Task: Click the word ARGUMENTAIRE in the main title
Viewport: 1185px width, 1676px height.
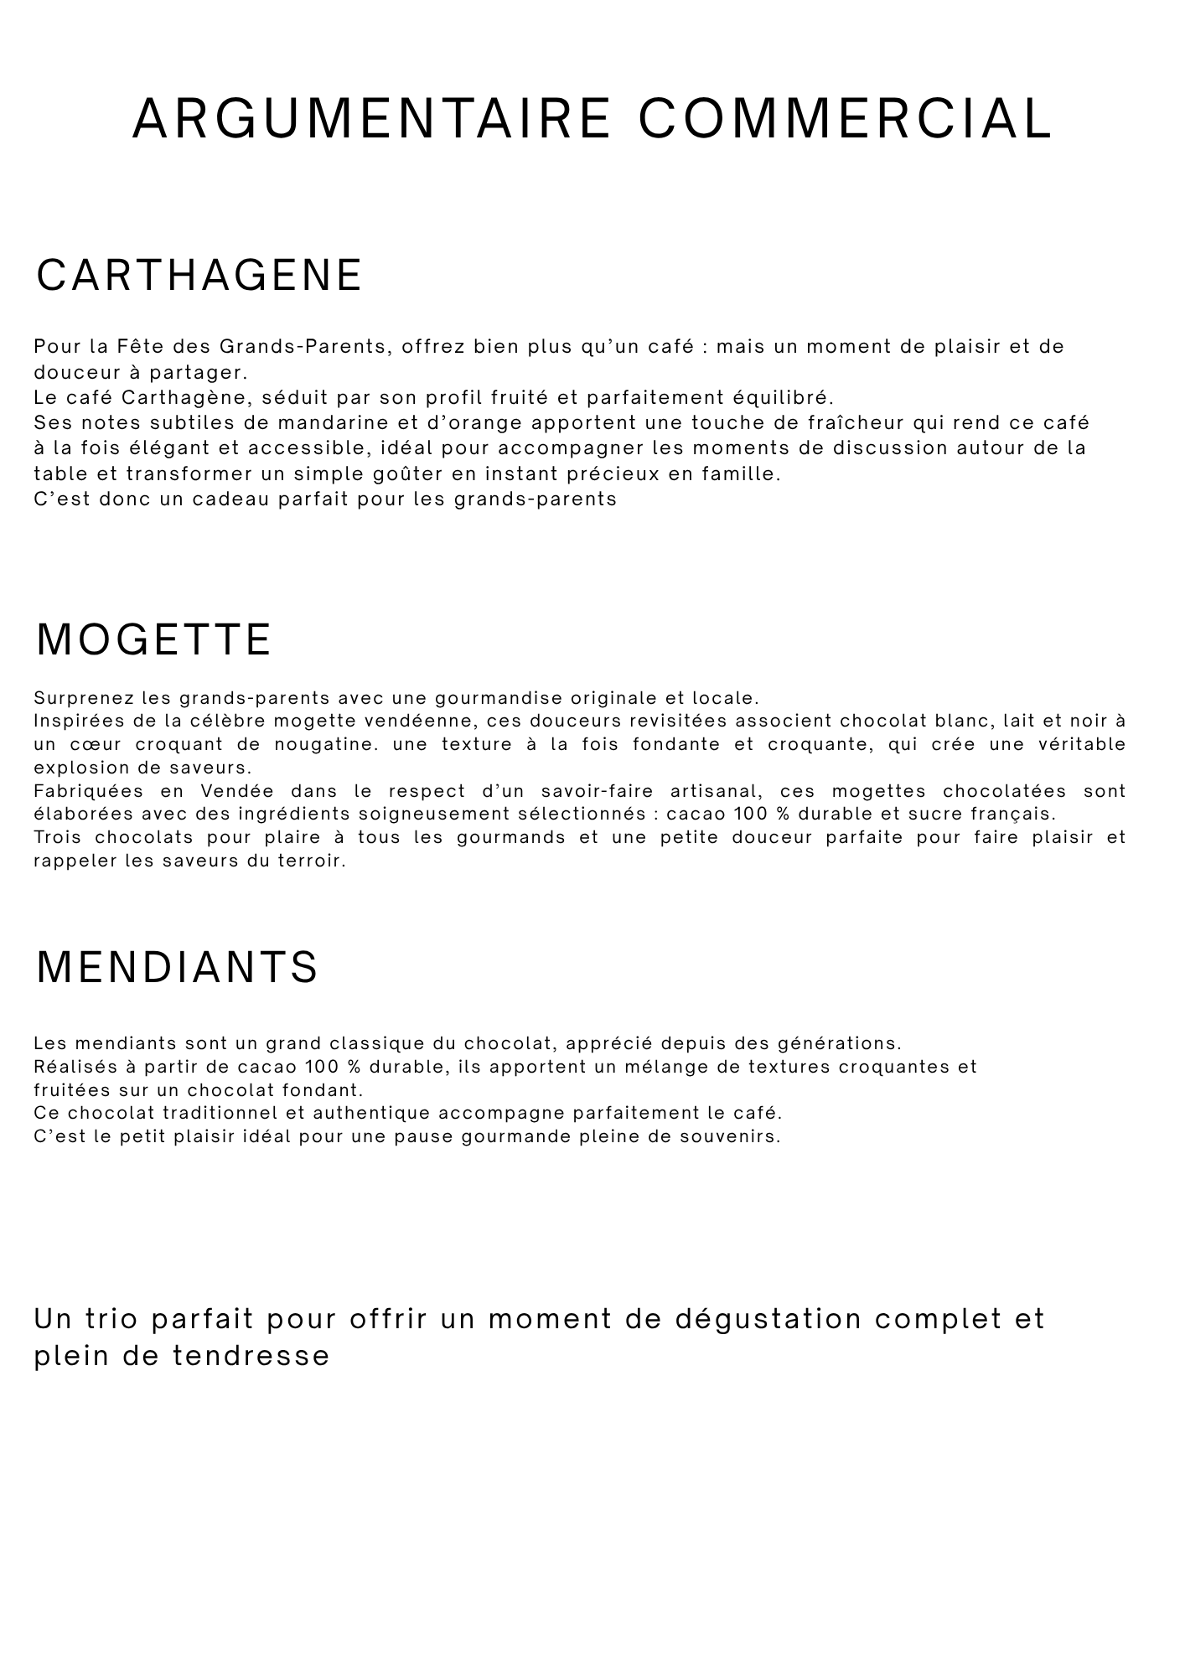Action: pos(372,118)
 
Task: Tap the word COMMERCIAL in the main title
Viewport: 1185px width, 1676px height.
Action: pos(845,118)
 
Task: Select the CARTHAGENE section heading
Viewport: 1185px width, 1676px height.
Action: pos(199,276)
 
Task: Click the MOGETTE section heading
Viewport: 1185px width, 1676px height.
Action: pos(154,640)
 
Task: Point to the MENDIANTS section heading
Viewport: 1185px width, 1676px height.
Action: pos(177,967)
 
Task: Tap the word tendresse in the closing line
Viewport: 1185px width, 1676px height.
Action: pos(251,1356)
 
